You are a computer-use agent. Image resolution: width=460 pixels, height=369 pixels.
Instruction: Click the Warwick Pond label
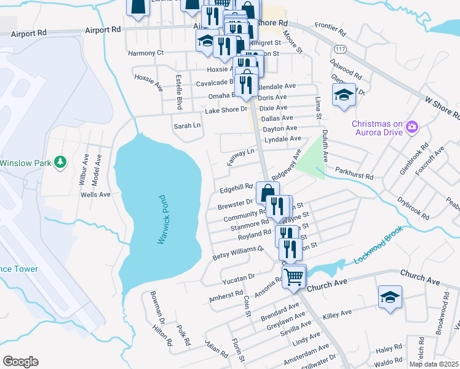[x=162, y=220]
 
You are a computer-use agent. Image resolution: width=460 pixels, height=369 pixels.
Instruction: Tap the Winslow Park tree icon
[x=60, y=162]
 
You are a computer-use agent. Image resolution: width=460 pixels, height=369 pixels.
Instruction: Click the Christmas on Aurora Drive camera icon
[x=412, y=128]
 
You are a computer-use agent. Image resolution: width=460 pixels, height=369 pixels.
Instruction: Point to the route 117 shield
[x=339, y=48]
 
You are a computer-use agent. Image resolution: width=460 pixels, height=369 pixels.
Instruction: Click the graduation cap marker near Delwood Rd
[x=344, y=95]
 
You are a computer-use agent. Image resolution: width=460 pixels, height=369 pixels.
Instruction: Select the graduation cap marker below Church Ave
[x=390, y=298]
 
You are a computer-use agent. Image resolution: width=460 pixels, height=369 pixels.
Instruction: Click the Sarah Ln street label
[x=188, y=125]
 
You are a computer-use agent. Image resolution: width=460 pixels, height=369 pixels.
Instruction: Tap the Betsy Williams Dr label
[x=238, y=252]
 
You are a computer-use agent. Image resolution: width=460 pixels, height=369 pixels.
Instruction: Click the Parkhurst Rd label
[x=354, y=176]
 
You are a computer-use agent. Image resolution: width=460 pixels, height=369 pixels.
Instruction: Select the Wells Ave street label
[x=95, y=194]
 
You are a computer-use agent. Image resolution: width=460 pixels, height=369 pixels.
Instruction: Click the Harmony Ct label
[x=146, y=53]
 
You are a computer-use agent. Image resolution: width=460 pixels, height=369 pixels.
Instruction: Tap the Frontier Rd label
[x=331, y=26]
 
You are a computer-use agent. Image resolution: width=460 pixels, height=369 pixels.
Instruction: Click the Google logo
[x=20, y=362]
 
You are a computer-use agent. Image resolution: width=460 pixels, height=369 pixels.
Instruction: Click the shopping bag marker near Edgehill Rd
[x=268, y=193]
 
